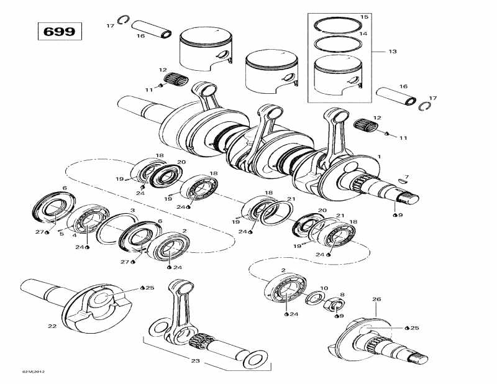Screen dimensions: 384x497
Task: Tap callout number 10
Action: tap(323, 288)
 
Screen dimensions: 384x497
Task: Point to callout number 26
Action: tap(376, 299)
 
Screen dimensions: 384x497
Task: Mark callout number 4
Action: tap(75, 234)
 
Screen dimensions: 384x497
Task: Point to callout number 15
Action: tap(364, 16)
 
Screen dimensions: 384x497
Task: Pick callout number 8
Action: tap(342, 295)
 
